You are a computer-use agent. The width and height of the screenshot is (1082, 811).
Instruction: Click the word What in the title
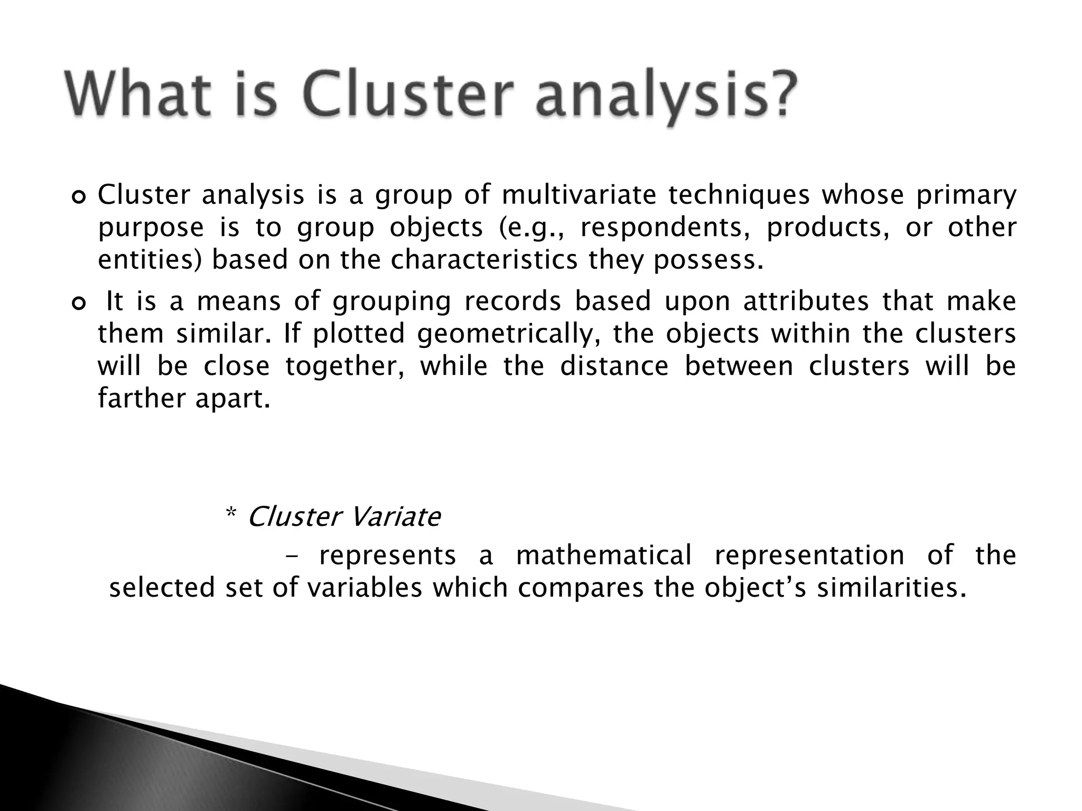(135, 95)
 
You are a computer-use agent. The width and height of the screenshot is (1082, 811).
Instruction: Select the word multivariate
(578, 195)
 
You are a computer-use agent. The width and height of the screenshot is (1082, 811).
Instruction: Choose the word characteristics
(484, 260)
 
